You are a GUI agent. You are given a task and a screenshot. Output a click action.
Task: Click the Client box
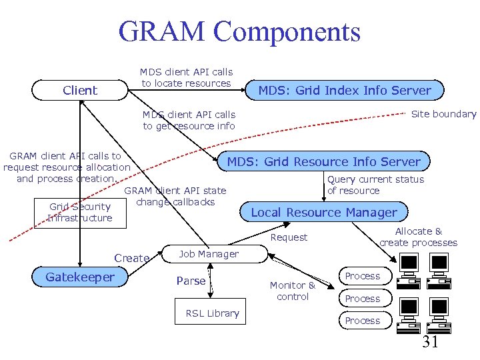pyautogui.click(x=80, y=90)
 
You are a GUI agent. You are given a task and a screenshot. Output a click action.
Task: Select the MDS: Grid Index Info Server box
pyautogui.click(x=345, y=90)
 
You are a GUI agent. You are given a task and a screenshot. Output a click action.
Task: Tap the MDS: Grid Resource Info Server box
pyautogui.click(x=324, y=161)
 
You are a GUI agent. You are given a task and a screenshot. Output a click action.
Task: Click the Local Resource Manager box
pyautogui.click(x=324, y=213)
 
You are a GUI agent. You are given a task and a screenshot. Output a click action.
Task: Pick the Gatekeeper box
pyautogui.click(x=80, y=277)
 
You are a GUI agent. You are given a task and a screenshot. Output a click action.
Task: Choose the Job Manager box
pyautogui.click(x=209, y=254)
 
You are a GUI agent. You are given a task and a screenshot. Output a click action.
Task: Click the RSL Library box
pyautogui.click(x=212, y=313)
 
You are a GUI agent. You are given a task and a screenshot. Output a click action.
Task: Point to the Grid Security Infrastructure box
pyautogui.click(x=80, y=213)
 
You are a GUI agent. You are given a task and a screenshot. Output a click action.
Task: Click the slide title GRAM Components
pyautogui.click(x=239, y=32)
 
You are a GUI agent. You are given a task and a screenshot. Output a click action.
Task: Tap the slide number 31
pyautogui.click(x=430, y=343)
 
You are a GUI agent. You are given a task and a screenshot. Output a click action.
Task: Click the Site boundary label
pyautogui.click(x=443, y=114)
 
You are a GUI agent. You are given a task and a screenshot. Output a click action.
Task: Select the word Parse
pyautogui.click(x=191, y=281)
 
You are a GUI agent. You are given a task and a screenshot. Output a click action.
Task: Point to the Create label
pyautogui.click(x=131, y=258)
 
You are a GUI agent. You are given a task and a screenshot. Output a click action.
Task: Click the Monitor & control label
pyautogui.click(x=293, y=291)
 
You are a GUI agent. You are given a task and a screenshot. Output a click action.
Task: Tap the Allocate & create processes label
pyautogui.click(x=418, y=237)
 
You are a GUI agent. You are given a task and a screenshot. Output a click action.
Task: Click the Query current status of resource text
pyautogui.click(x=375, y=185)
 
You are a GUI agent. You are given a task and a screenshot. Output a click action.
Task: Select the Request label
pyautogui.click(x=289, y=237)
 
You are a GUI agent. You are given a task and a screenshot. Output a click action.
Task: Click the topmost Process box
pyautogui.click(x=362, y=276)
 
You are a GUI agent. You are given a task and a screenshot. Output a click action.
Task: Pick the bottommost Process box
pyautogui.click(x=362, y=321)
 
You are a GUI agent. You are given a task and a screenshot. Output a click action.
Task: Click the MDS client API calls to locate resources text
pyautogui.click(x=186, y=77)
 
